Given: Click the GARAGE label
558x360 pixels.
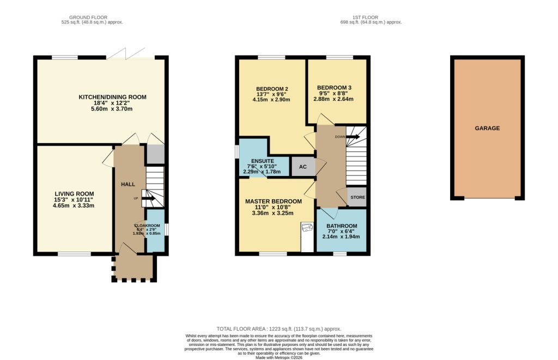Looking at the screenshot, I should coord(487,129).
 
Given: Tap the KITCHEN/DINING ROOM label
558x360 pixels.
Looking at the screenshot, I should coord(113,97).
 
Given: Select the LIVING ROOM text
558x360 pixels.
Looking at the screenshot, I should coord(74,193).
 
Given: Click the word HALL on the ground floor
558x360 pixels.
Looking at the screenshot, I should coord(128,185).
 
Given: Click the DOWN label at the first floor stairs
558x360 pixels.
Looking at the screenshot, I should coord(340,137).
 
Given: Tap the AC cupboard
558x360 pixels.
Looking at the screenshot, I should coord(304,167).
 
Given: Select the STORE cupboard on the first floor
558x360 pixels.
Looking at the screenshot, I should coord(357,197).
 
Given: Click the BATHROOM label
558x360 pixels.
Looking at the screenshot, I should coord(342,226).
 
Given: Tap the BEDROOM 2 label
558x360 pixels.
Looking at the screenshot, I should coord(272,89).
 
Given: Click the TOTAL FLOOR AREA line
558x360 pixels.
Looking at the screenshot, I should coord(278,329).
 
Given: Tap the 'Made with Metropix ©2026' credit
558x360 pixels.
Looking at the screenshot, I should coord(278,357).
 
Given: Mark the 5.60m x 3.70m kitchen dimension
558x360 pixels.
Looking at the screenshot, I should coord(113,109).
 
